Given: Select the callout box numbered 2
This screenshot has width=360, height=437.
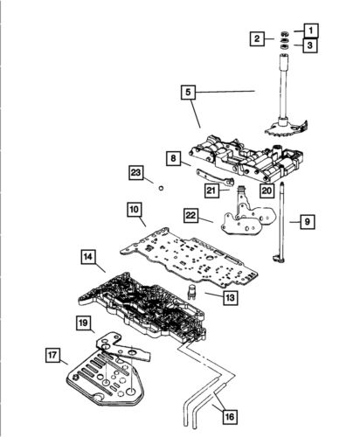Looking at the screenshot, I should pyautogui.click(x=257, y=38).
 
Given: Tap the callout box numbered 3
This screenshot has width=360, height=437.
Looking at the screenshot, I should pyautogui.click(x=312, y=45).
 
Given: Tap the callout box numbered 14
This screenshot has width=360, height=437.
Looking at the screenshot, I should pyautogui.click(x=89, y=258).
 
